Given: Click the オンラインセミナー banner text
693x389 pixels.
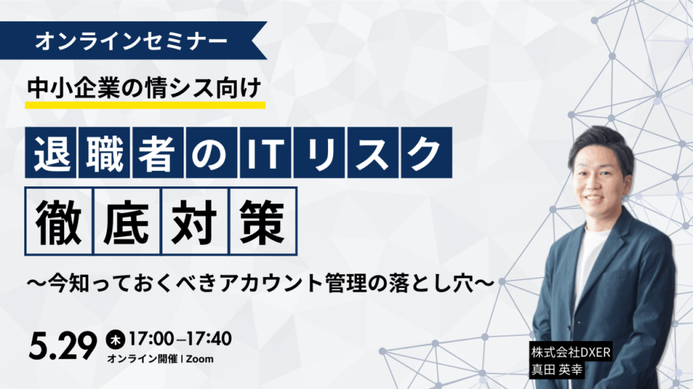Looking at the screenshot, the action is click(x=131, y=41).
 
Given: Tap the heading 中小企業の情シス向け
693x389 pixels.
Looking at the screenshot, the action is click(x=144, y=88).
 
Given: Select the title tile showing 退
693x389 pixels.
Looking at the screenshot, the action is click(x=51, y=153).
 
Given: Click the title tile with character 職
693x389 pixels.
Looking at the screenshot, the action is click(x=104, y=153).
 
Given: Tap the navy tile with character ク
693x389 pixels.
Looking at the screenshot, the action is click(x=427, y=153).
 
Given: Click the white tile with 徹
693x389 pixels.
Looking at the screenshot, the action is click(x=59, y=221).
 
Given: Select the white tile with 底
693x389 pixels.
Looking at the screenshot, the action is click(x=127, y=221).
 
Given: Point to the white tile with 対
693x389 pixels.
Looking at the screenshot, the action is click(x=195, y=221).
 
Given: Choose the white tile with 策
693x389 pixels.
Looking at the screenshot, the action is click(x=263, y=221).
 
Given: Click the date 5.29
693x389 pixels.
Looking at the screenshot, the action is click(x=63, y=346).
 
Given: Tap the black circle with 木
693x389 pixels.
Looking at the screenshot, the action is click(x=115, y=340).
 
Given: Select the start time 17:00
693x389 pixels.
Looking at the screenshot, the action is click(x=151, y=339).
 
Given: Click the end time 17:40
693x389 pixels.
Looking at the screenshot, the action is click(x=209, y=339).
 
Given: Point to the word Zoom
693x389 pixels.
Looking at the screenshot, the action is click(x=200, y=360).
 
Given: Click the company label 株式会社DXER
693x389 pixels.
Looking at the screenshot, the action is click(x=571, y=352).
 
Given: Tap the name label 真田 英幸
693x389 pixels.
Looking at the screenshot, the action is click(x=557, y=370).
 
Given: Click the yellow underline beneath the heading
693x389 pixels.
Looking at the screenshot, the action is click(x=145, y=105).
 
